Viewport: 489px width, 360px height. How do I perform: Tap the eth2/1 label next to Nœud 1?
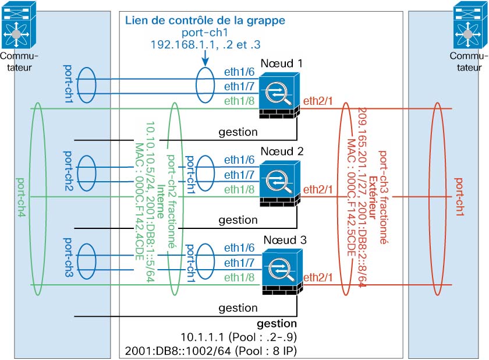pyautogui.click(x=317, y=102)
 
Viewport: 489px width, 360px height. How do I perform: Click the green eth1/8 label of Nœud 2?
pyautogui.click(x=238, y=189)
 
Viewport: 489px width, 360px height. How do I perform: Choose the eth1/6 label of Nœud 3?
pyautogui.click(x=238, y=248)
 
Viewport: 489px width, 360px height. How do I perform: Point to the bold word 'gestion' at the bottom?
pyautogui.click(x=277, y=323)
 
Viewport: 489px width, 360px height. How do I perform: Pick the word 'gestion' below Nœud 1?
pyautogui.click(x=238, y=132)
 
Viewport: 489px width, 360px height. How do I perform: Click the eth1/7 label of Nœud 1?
pyautogui.click(x=238, y=86)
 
